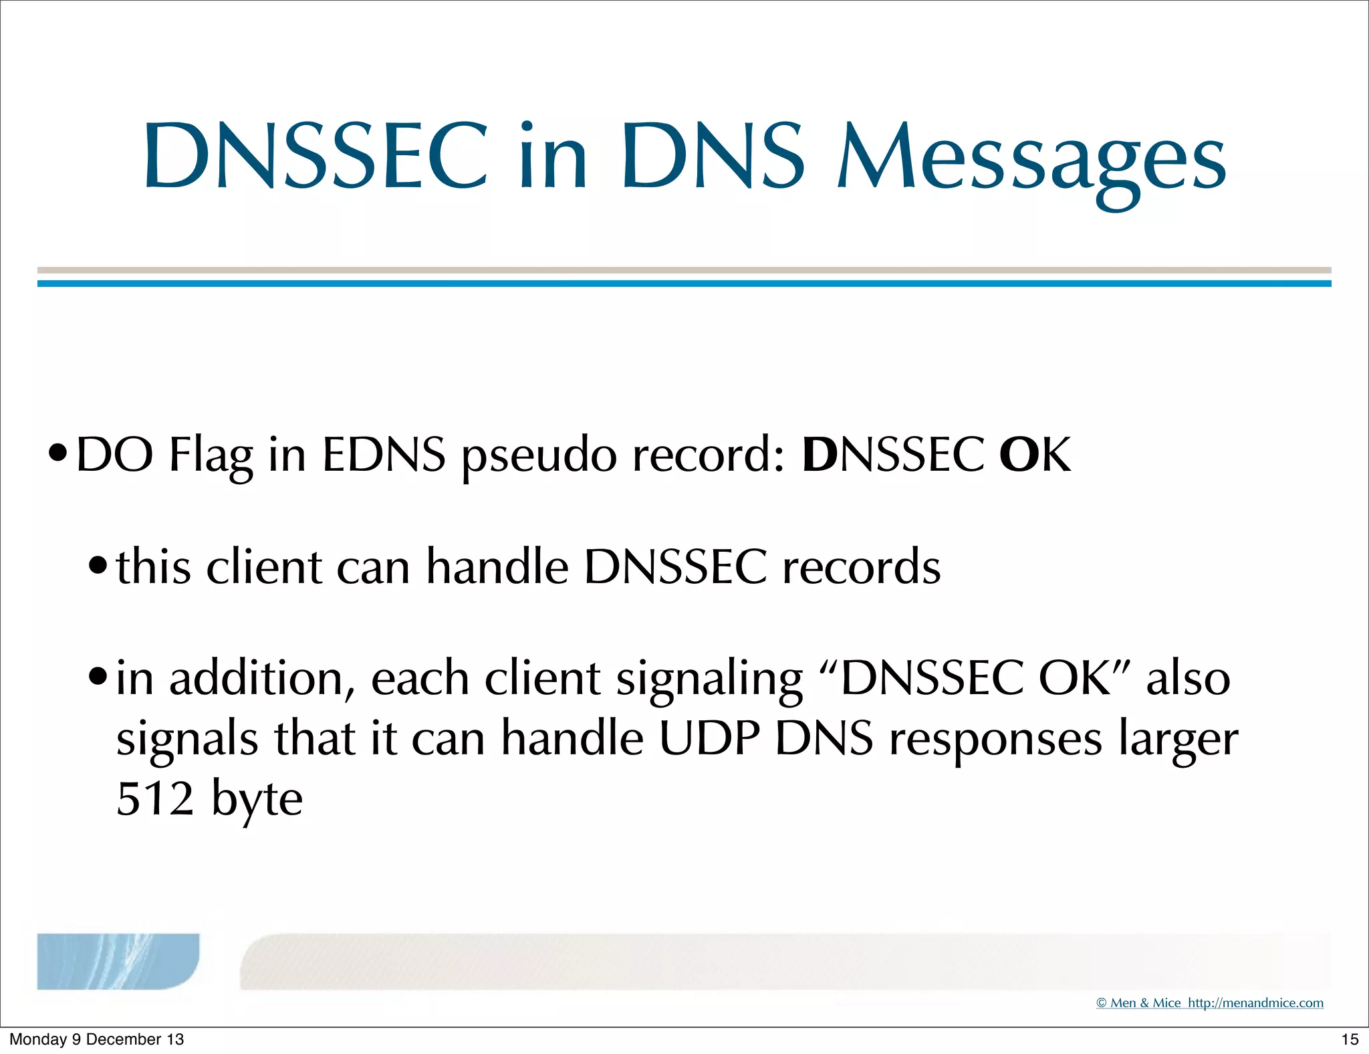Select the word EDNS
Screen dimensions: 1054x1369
[384, 455]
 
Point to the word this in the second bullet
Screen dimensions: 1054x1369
[154, 567]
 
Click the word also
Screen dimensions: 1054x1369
[1188, 678]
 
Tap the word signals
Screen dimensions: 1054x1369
[187, 740]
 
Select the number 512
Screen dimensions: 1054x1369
[155, 799]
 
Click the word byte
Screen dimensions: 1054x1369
[257, 800]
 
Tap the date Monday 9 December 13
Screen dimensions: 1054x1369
[96, 1039]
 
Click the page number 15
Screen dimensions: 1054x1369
[1350, 1039]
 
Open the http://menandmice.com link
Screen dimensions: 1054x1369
[1255, 1003]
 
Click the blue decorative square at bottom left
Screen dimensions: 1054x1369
[118, 961]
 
